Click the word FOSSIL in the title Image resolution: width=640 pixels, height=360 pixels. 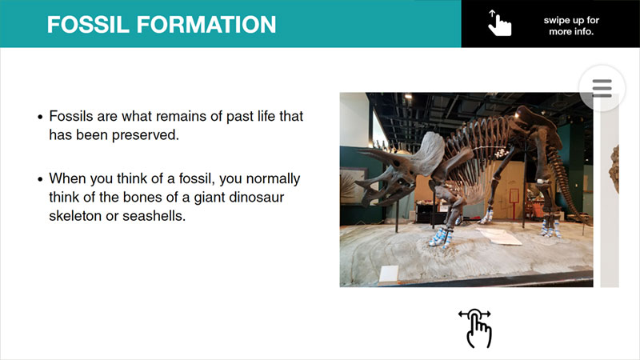coord(88,25)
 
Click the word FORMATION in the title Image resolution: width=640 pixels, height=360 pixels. coord(206,25)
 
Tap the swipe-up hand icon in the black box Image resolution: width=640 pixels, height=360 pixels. coord(499,23)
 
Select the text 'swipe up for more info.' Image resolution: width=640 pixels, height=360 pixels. coord(571,26)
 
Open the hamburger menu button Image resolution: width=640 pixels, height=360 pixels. coord(602,88)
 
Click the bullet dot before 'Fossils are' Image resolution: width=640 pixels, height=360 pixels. coord(40,117)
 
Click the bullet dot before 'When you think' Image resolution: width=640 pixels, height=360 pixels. coord(40,179)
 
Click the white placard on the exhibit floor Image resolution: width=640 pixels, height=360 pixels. coord(389,274)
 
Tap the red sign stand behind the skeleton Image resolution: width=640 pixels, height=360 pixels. coord(514,203)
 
